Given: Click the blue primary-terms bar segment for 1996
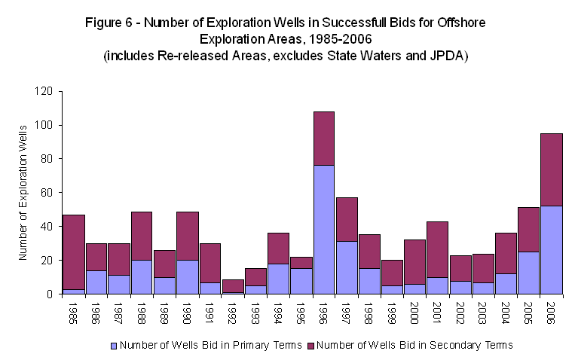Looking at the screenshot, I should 324,229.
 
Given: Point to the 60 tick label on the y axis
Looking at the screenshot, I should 46,193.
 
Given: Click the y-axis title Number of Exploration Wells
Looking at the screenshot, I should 23,193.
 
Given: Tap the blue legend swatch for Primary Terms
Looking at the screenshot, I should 114,345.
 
